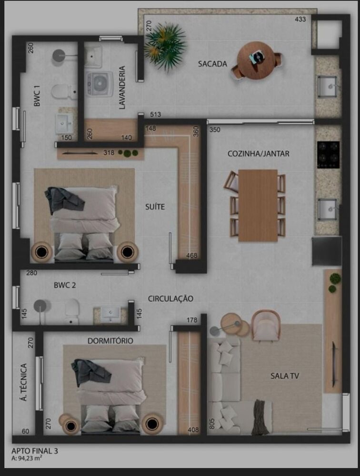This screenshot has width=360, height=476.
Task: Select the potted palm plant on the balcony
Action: pyautogui.click(x=165, y=44)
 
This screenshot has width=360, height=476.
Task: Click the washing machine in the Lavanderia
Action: pyautogui.click(x=99, y=84)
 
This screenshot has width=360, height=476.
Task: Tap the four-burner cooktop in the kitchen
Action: pyautogui.click(x=329, y=155)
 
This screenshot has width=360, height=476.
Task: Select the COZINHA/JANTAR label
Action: pyautogui.click(x=251, y=154)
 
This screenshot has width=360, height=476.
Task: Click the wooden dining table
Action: pyautogui.click(x=258, y=205)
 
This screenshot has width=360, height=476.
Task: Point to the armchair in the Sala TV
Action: pyautogui.click(x=266, y=325)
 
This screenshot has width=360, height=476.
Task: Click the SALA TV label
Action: pyautogui.click(x=284, y=376)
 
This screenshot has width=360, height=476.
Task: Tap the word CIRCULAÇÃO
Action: pyautogui.click(x=170, y=299)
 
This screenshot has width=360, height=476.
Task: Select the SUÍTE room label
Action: pyautogui.click(x=155, y=207)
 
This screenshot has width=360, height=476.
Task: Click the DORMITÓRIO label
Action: pyautogui.click(x=110, y=341)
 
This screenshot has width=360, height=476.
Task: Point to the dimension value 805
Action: pyautogui.click(x=211, y=423)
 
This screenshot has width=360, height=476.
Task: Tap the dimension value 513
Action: pyautogui.click(x=155, y=115)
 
